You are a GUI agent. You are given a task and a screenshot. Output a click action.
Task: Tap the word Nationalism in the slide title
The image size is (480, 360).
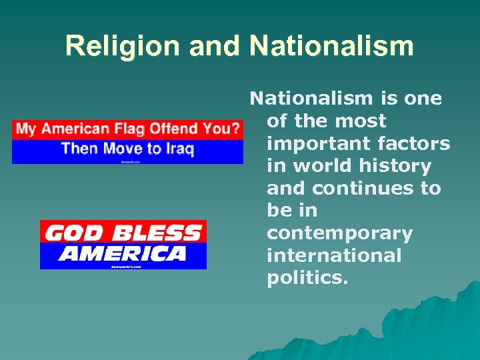tap(331, 46)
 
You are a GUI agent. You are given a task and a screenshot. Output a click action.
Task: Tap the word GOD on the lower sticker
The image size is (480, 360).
tap(69, 234)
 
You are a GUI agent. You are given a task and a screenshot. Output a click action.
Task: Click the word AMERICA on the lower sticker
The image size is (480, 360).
tap(123, 253)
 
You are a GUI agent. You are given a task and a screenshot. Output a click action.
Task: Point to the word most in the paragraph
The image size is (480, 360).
tap(360, 121)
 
